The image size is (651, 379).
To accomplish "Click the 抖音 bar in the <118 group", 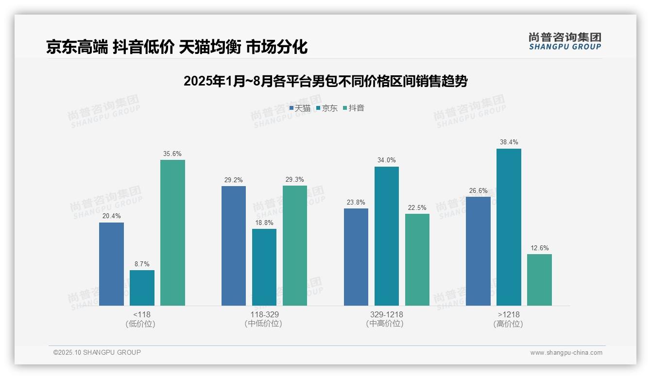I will (x=172, y=233).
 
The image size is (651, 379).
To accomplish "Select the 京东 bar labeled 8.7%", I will (x=142, y=288).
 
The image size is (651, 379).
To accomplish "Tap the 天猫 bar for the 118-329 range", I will (x=234, y=246).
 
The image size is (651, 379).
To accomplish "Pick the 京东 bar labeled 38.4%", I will (x=509, y=227).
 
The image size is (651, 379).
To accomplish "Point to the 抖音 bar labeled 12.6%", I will (x=539, y=280).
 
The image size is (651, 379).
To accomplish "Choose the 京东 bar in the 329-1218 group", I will (x=387, y=236).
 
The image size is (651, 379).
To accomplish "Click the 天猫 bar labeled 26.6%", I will (x=478, y=251).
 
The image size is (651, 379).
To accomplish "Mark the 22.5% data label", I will (x=417, y=208).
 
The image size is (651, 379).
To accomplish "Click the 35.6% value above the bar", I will (x=172, y=154).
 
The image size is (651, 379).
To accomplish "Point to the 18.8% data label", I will (x=264, y=223).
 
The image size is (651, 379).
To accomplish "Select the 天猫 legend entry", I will (x=300, y=108).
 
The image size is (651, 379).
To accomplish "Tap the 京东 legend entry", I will (x=327, y=108).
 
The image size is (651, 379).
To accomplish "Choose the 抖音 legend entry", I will (x=354, y=108).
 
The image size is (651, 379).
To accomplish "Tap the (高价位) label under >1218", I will (x=509, y=324).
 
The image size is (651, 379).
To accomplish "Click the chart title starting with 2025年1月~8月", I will (x=325, y=81).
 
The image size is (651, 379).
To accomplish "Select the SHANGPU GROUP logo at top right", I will (x=565, y=41).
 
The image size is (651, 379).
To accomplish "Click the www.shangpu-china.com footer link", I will (x=566, y=353).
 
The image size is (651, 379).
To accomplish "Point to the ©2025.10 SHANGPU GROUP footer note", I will (x=97, y=353).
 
